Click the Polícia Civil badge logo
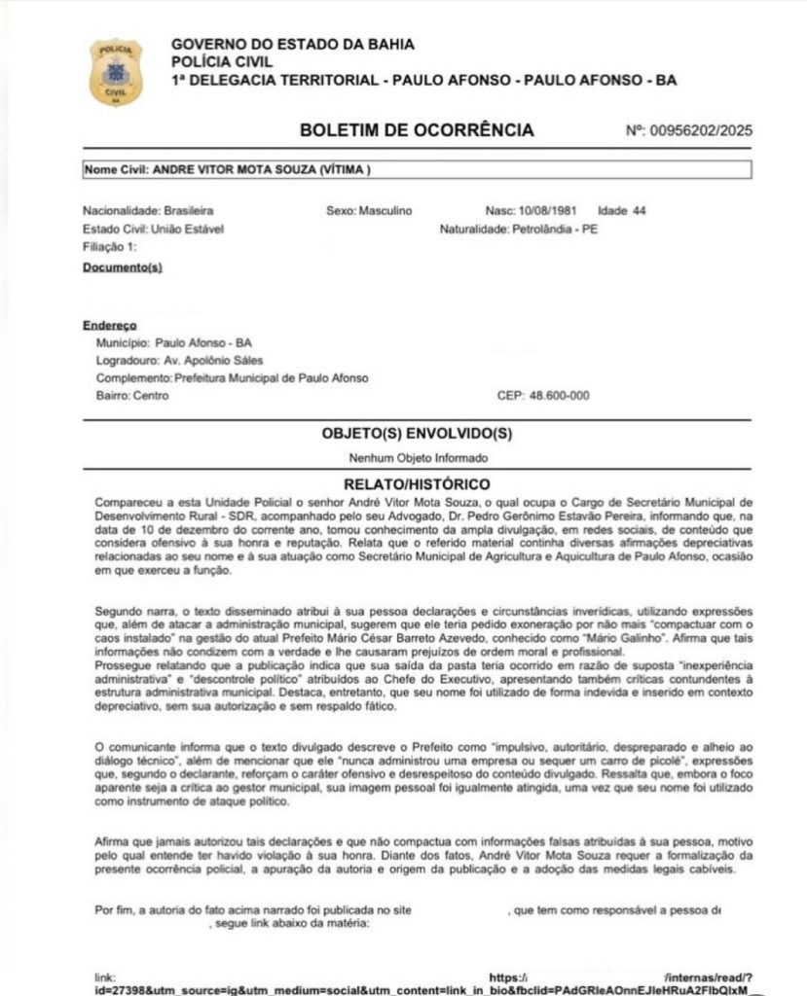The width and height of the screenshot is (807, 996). tap(116, 72)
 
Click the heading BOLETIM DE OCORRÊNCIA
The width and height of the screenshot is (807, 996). tap(417, 130)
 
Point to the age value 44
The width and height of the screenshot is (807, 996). tap(638, 210)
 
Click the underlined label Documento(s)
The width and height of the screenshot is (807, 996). tap(122, 266)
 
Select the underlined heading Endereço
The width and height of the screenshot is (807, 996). tap(110, 325)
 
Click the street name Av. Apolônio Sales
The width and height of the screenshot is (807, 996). tap(210, 361)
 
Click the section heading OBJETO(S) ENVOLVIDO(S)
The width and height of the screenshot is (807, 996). tap(417, 433)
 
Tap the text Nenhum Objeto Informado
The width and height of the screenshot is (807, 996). tap(418, 457)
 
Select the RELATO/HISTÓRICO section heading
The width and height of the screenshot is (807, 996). tap(418, 483)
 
